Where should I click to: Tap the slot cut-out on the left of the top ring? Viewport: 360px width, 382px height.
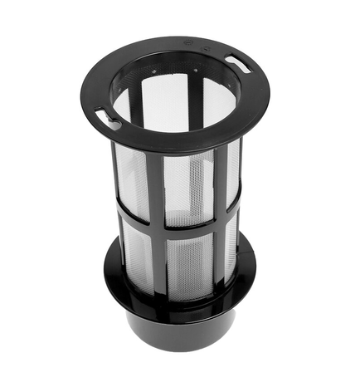coord(108,118)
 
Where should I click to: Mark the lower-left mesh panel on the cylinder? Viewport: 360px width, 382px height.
coord(137,253)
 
